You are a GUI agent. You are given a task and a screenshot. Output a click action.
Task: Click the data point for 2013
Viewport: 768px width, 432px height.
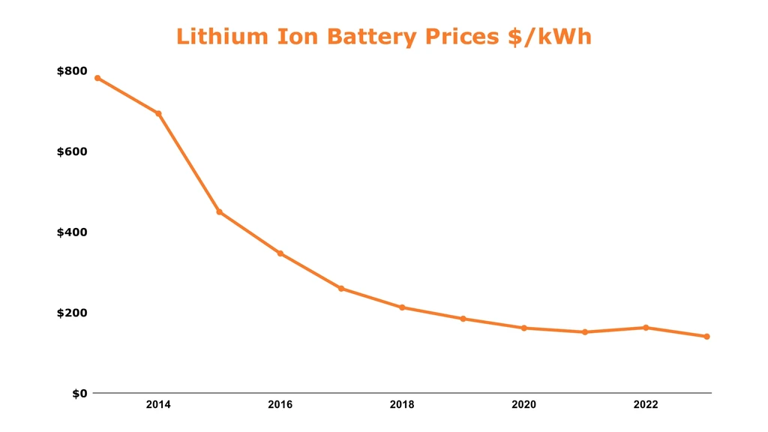pos(97,78)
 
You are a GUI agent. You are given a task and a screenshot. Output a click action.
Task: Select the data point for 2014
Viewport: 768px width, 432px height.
pos(158,113)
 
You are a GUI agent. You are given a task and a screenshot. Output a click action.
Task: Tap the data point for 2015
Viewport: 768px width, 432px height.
pos(219,212)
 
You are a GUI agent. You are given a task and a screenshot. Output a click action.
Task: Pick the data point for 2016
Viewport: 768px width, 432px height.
pos(280,253)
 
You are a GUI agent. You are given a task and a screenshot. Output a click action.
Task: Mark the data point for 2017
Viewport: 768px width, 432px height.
pos(341,288)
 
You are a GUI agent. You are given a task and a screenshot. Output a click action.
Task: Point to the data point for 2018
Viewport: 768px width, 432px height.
pos(402,307)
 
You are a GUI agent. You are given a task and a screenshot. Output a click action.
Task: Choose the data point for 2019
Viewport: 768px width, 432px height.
pos(463,319)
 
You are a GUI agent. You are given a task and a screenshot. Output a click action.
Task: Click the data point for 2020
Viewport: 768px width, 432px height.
pos(523,328)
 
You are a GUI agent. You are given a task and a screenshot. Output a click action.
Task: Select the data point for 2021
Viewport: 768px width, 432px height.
pos(585,331)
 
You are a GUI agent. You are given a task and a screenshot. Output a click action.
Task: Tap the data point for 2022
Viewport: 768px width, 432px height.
pos(646,327)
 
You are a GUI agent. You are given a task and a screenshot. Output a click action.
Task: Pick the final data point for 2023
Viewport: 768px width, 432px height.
pos(706,337)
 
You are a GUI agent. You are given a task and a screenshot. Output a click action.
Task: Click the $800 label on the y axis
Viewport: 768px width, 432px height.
pos(72,71)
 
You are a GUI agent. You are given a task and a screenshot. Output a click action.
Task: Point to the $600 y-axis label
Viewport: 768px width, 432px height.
pos(72,151)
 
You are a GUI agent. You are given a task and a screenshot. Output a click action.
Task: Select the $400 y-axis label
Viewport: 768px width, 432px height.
pos(72,232)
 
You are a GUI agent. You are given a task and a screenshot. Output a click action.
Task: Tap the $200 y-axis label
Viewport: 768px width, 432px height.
pos(72,313)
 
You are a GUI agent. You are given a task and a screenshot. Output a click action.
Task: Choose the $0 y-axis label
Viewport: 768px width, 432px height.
pos(79,393)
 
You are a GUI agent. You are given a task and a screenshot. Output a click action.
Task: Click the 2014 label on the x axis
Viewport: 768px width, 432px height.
pos(158,405)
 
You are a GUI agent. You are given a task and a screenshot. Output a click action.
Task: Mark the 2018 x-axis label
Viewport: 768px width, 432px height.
pos(402,405)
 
